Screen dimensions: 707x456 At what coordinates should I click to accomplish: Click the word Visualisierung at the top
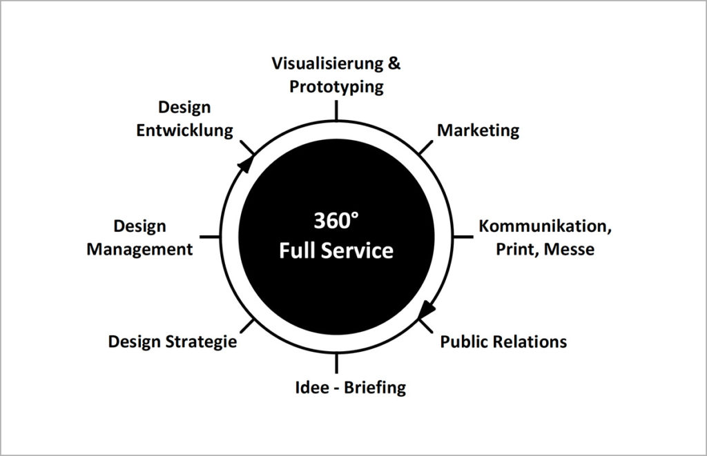327,63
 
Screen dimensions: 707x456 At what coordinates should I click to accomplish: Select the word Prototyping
336,87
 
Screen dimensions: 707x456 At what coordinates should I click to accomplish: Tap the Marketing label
478,130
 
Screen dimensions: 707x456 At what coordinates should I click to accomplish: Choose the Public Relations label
503,341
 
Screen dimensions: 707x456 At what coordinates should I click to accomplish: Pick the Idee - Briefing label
350,388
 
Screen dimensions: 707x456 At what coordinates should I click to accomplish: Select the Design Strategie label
172,342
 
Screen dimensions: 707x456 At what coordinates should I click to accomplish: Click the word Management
139,250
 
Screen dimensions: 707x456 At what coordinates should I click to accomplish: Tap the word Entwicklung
184,130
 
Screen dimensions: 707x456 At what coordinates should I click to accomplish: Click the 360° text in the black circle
336,221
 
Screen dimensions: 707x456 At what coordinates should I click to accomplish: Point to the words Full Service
336,250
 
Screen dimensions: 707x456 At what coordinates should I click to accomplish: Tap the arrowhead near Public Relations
427,310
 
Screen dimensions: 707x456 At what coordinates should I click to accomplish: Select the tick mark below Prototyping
336,110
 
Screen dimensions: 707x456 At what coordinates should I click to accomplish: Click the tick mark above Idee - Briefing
336,363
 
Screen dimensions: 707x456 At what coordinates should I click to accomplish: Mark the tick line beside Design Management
210,236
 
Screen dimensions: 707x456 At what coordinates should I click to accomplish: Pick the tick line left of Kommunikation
463,236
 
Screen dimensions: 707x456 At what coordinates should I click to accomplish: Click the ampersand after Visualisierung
394,63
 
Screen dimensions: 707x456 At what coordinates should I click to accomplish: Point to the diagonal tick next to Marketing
425,148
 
